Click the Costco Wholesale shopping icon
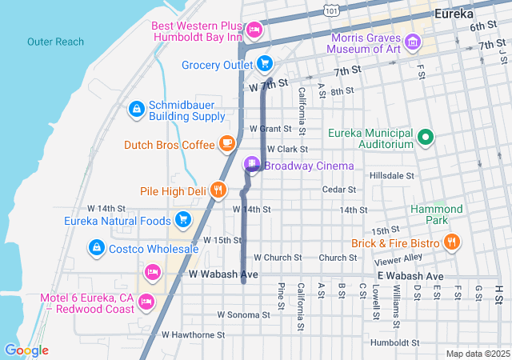coord(98,249)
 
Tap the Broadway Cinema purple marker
coord(252,165)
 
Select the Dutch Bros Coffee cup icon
coord(227,144)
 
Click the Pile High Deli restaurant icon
coord(218,190)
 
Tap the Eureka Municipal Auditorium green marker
coord(426,138)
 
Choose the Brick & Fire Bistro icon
coord(452,242)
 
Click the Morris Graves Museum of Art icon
coord(413,41)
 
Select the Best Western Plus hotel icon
coord(254,30)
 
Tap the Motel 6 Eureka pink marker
coord(146,302)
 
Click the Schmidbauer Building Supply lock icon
coord(136,108)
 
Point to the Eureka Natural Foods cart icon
coord(182,218)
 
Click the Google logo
coord(26,350)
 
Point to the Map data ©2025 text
coord(477,354)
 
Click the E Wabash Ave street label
coord(410,276)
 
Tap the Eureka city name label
coord(453,14)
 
